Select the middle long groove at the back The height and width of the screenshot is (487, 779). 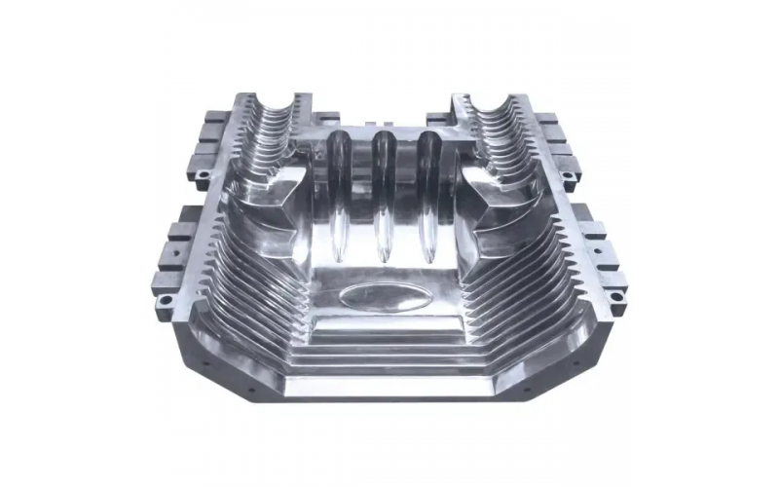point(382,195)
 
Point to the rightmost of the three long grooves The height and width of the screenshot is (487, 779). point(427,195)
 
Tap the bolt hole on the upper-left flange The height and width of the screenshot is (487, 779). point(203,176)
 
